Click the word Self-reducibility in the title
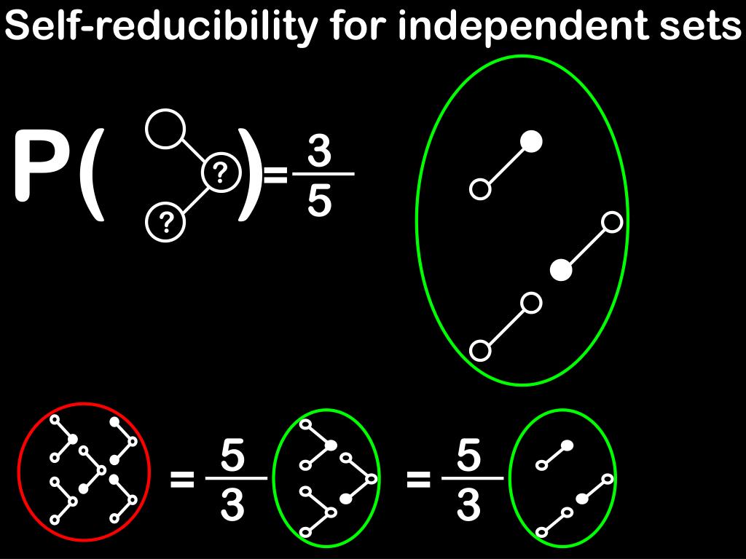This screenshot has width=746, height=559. point(161,27)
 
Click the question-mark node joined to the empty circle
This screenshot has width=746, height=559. point(221,173)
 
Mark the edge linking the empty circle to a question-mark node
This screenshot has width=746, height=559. point(193,151)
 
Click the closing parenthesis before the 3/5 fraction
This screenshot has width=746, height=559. point(249,173)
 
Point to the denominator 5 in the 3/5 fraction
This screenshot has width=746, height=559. point(320,201)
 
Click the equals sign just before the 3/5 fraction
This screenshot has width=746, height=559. point(275,175)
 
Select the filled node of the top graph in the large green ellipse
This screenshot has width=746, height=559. point(533,141)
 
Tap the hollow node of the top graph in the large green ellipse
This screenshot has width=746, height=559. point(479,190)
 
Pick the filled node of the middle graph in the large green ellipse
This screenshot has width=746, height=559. point(560,271)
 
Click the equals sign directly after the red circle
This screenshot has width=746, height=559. point(182,479)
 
